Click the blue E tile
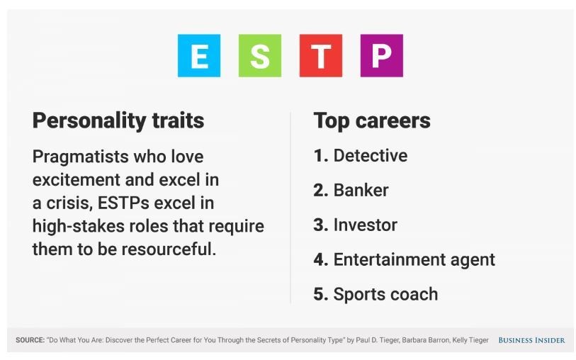pyautogui.click(x=199, y=55)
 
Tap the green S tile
pyautogui.click(x=260, y=55)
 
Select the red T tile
pyautogui.click(x=321, y=55)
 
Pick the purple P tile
pyautogui.click(x=382, y=55)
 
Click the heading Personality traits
pyautogui.click(x=118, y=121)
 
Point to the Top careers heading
pyautogui.click(x=372, y=121)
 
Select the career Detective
pyautogui.click(x=371, y=156)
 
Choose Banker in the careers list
pyautogui.click(x=361, y=191)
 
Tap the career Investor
pyautogui.click(x=365, y=225)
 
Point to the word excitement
pyautogui.click(x=76, y=180)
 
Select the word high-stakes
pyautogui.click(x=78, y=226)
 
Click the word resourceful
pyautogui.click(x=169, y=249)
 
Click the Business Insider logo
pyautogui.click(x=531, y=340)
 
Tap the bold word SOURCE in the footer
pyautogui.click(x=30, y=340)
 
